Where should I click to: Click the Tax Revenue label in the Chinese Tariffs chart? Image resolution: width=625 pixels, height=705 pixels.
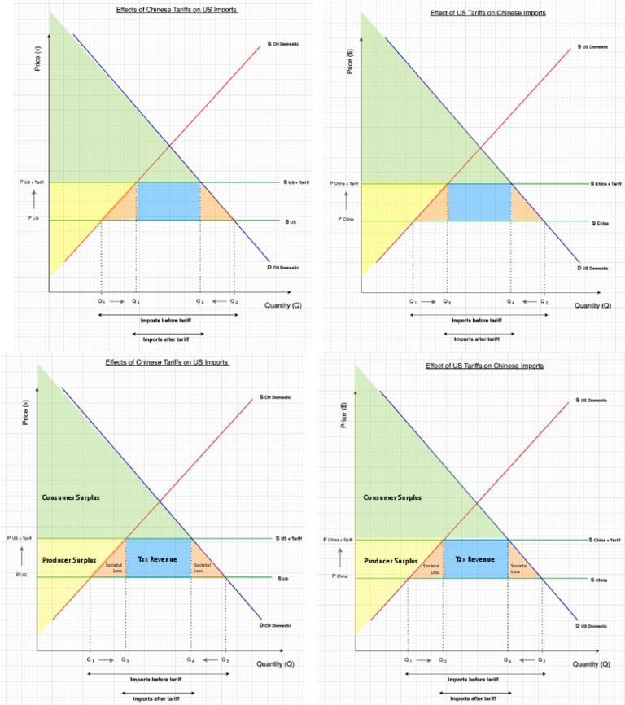(x=158, y=559)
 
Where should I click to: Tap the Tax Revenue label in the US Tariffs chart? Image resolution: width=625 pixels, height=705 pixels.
(x=475, y=559)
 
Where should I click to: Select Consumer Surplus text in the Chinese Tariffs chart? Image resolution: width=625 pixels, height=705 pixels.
(x=71, y=497)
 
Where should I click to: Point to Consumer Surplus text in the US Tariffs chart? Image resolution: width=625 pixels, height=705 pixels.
(x=388, y=497)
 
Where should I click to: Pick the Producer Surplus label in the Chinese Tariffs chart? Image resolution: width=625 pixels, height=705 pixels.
(x=69, y=560)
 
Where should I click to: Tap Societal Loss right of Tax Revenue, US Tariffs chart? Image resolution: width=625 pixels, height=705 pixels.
(x=518, y=568)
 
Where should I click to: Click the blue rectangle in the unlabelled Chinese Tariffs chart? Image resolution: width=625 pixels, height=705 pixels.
(x=168, y=201)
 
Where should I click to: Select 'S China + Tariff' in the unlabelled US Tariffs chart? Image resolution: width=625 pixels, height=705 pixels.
(x=606, y=184)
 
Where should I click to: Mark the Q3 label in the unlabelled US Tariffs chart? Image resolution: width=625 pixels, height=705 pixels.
(x=447, y=301)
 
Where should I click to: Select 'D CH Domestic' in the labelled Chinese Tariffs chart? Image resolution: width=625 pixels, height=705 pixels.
(x=276, y=625)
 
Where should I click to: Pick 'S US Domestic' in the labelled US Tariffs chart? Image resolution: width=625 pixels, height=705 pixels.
(x=592, y=401)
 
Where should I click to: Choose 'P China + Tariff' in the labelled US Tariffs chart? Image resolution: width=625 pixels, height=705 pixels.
(x=338, y=540)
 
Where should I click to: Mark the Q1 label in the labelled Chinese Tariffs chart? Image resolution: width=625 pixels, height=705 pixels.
(x=90, y=659)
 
